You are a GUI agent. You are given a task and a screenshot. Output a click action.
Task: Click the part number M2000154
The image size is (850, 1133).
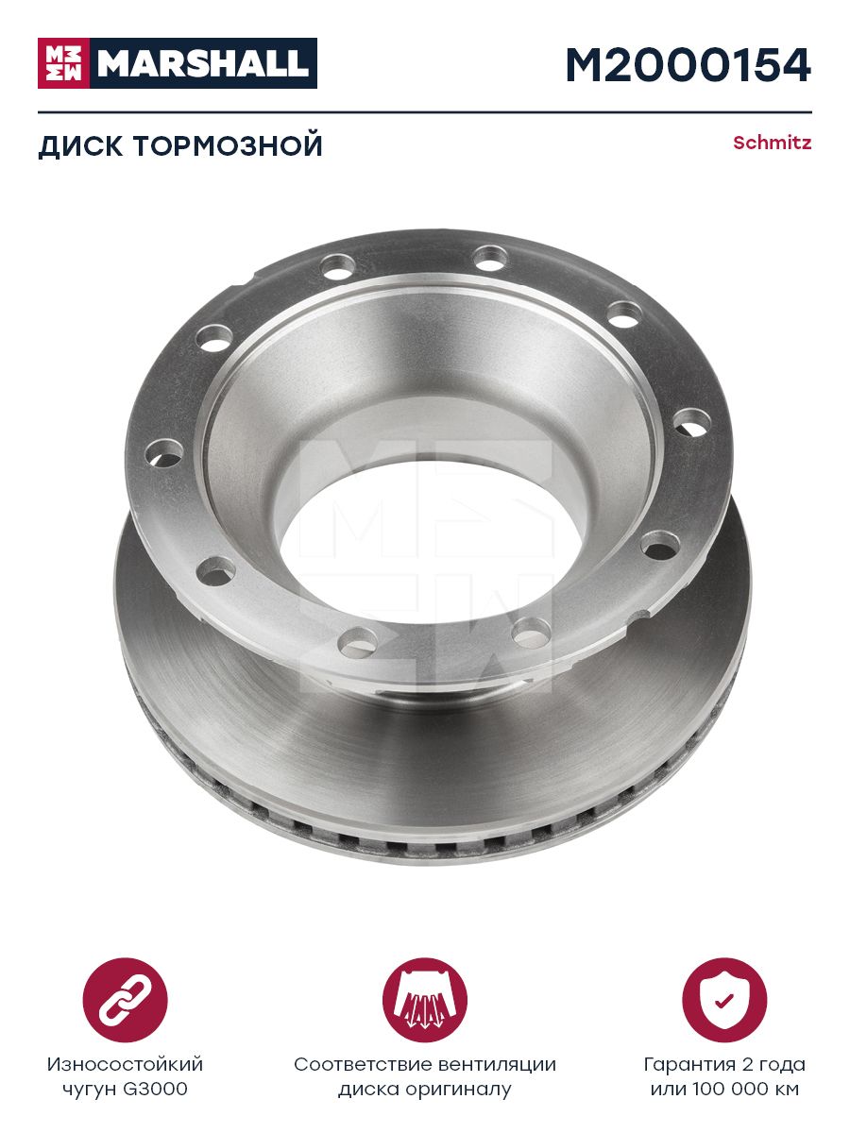click(x=688, y=65)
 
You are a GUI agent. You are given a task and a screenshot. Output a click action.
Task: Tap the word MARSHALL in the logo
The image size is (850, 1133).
click(x=203, y=63)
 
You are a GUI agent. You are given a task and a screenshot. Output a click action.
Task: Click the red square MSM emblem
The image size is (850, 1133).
click(x=63, y=63)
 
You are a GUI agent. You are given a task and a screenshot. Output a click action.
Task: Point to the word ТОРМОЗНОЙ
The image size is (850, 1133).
click(x=229, y=145)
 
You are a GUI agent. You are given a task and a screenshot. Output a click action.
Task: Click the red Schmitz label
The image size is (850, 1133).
click(x=772, y=143)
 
